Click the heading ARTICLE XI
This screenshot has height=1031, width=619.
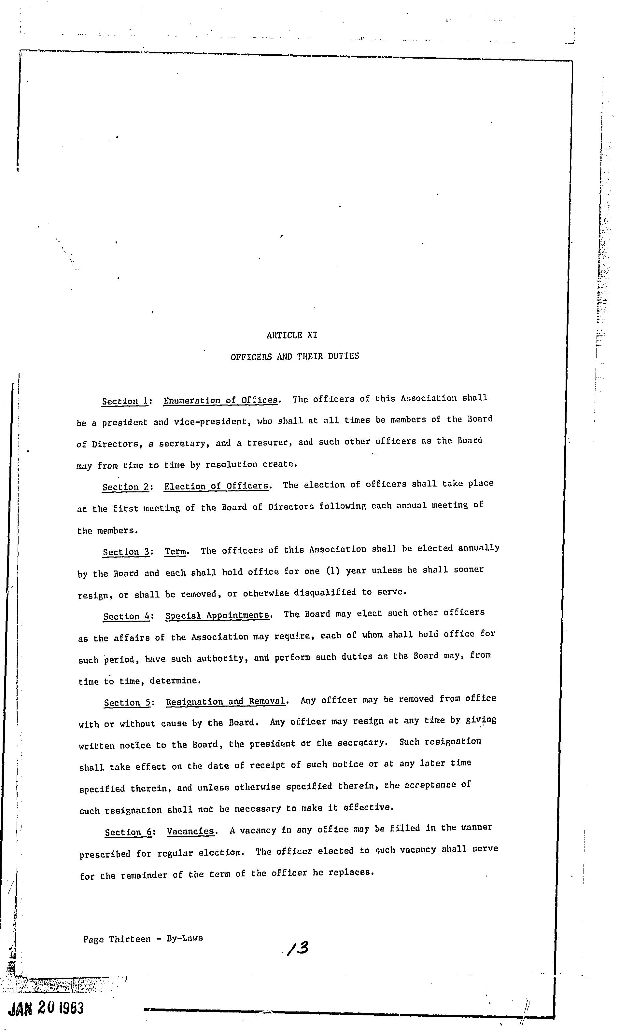click(x=291, y=335)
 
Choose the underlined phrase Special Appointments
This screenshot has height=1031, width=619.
click(x=217, y=615)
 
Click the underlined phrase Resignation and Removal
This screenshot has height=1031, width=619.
click(x=226, y=701)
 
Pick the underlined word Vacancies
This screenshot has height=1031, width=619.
click(x=190, y=831)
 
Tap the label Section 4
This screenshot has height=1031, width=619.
click(x=126, y=616)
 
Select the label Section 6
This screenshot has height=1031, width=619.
click(x=128, y=832)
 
